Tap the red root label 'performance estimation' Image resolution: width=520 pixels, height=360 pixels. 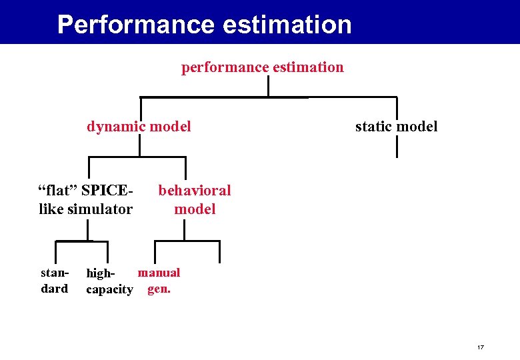coord(263,67)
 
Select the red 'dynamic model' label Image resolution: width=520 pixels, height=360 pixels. coord(139,127)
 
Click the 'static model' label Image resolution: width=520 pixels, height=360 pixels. coord(396,127)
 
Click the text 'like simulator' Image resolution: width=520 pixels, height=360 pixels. coord(86,209)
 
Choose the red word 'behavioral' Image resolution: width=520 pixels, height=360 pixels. coord(195,191)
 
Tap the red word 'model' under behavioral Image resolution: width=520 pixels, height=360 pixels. coord(195,209)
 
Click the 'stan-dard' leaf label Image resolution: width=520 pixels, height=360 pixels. coord(55,281)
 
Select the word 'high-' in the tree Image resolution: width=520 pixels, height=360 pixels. coord(101,273)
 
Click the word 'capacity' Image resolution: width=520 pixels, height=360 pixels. coord(109,289)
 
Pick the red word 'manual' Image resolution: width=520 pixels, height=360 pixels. coord(159,272)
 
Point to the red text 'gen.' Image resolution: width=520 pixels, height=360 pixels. coord(159,289)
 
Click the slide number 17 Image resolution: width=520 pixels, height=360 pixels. coord(480,347)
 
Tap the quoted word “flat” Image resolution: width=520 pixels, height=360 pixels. coord(59,191)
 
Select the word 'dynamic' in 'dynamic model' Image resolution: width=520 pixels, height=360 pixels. coord(114,127)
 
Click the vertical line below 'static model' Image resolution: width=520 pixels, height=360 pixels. coord(397,147)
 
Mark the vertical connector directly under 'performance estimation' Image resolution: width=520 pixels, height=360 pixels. coord(268,86)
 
